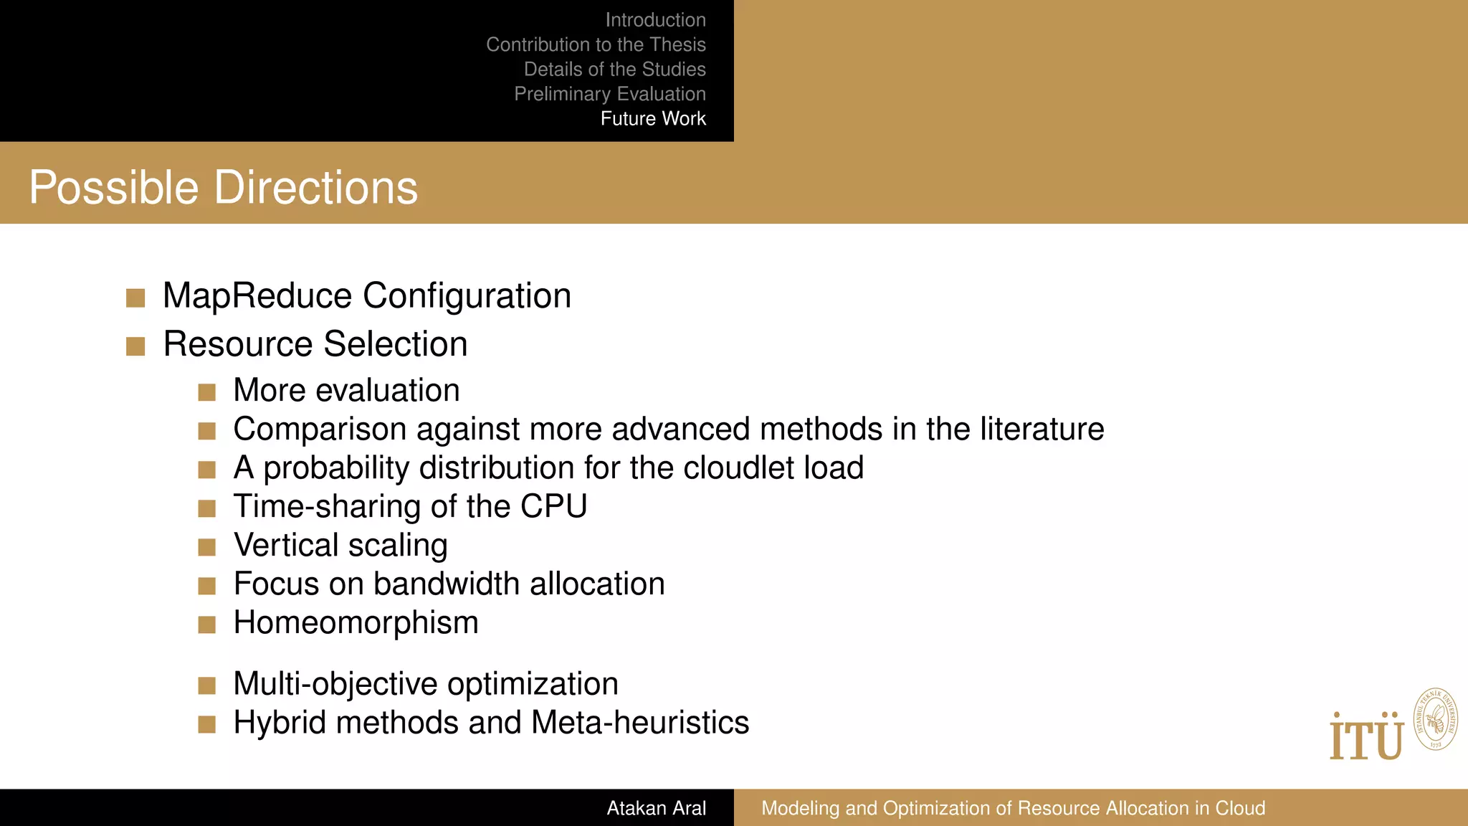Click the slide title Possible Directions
coord(223,188)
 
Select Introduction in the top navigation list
coord(655,20)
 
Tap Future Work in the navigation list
coord(653,118)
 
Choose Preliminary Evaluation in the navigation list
coord(610,94)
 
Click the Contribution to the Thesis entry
coord(596,44)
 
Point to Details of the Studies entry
coord(614,69)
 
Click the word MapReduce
coord(257,296)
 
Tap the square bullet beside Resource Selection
coord(135,347)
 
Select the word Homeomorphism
coord(356,622)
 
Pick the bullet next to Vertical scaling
coord(207,548)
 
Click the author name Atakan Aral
coord(656,808)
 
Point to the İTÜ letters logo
coord(1366,737)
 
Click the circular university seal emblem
coord(1435,719)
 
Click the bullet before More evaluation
coord(207,392)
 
